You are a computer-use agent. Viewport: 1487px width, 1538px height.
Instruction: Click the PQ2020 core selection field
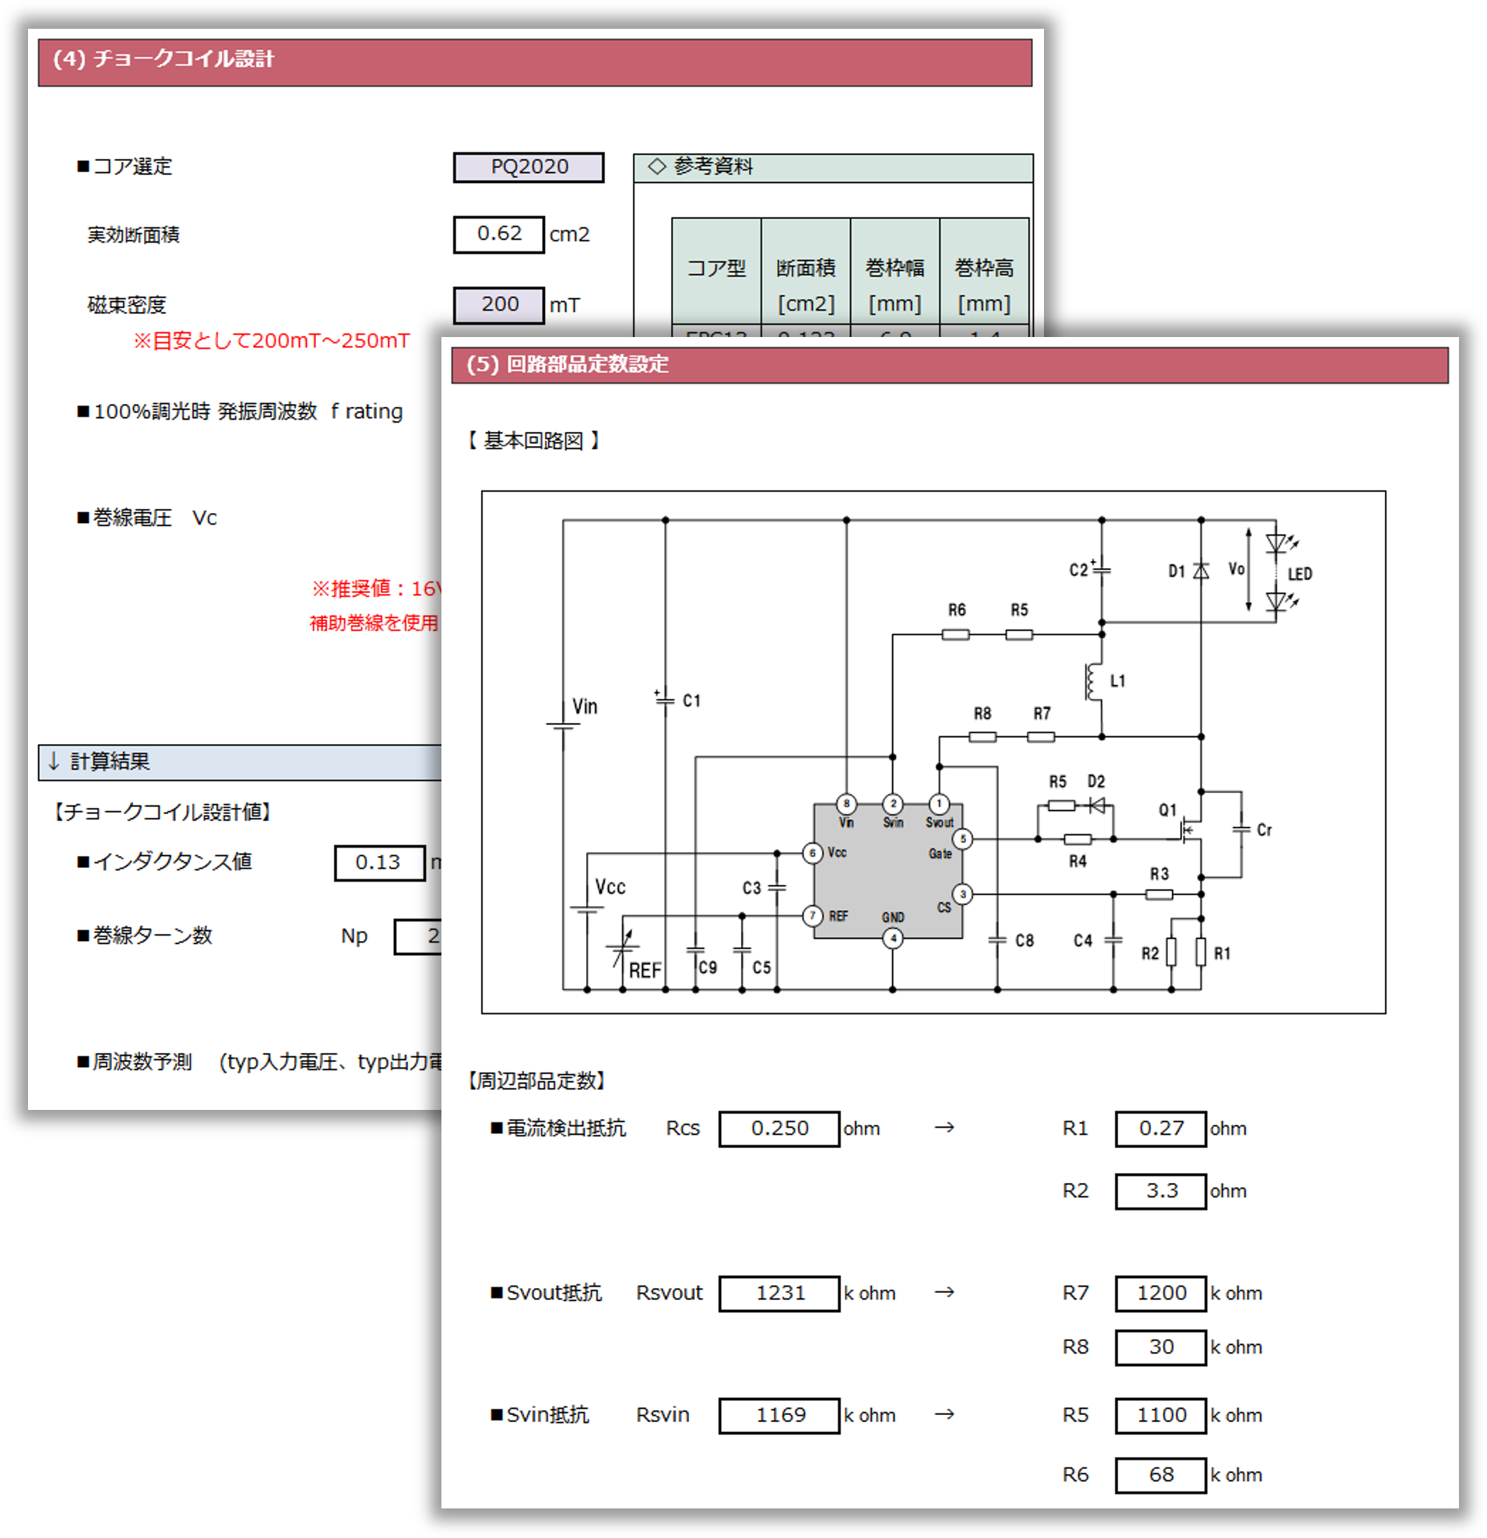click(x=528, y=167)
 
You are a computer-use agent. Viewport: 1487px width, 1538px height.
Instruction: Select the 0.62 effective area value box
click(x=498, y=234)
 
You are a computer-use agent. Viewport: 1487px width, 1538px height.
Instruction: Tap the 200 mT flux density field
click(x=498, y=304)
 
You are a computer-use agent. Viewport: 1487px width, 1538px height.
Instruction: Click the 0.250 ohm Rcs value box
click(x=779, y=1129)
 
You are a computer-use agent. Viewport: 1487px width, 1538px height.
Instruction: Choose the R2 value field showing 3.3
click(x=1161, y=1190)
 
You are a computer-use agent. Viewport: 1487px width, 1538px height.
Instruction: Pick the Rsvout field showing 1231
click(x=779, y=1293)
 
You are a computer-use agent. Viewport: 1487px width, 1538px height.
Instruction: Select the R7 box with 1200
click(x=1161, y=1293)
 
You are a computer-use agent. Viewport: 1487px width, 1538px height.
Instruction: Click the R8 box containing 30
click(x=1161, y=1347)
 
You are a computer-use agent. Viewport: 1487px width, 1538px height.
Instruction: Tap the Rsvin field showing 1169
click(x=779, y=1415)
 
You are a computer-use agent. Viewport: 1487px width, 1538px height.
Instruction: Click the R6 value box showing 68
click(x=1161, y=1475)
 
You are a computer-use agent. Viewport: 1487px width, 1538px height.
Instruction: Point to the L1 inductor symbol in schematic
click(x=1092, y=681)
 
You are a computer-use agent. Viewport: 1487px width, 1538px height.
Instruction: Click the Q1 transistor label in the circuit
click(x=1168, y=809)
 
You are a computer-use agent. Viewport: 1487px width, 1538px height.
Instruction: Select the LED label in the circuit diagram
click(x=1299, y=574)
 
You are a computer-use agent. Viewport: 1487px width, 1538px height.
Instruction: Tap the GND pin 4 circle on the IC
click(x=892, y=938)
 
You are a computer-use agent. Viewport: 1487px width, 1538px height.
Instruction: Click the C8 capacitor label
click(x=1024, y=940)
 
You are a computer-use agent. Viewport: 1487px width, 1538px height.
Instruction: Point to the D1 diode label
click(x=1176, y=571)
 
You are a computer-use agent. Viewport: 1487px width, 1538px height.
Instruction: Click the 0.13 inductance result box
click(x=379, y=862)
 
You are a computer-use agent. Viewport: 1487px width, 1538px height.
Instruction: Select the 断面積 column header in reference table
click(x=806, y=269)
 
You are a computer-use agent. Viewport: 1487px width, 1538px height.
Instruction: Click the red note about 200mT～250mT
click(x=272, y=341)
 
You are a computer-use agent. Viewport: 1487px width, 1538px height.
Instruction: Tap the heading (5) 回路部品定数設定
click(x=568, y=364)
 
